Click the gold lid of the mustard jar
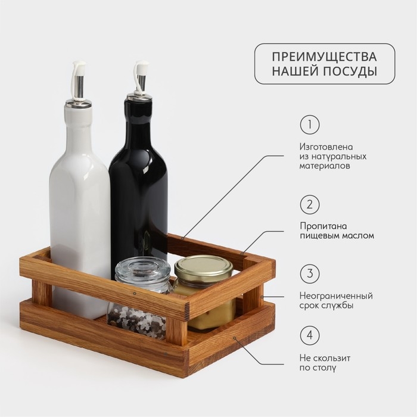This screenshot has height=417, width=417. pyautogui.click(x=204, y=266)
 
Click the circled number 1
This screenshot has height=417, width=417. pyautogui.click(x=310, y=125)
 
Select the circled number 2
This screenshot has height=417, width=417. pyautogui.click(x=310, y=204)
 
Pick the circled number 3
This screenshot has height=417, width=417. pyautogui.click(x=310, y=273)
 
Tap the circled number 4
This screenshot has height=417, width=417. pyautogui.click(x=310, y=335)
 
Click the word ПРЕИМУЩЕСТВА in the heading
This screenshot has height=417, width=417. pyautogui.click(x=324, y=57)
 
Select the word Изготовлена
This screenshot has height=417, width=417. pyautogui.click(x=326, y=147)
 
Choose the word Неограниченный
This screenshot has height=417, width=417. pyautogui.click(x=336, y=296)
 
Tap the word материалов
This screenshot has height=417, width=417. pyautogui.click(x=325, y=166)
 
